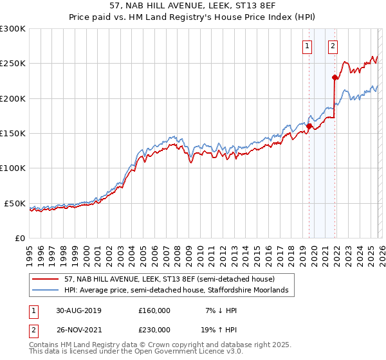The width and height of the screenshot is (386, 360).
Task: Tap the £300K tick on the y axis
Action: (13, 29)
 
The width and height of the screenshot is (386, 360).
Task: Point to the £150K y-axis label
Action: (13, 134)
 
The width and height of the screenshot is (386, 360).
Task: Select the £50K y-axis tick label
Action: (15, 204)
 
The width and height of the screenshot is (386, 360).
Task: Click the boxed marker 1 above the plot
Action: (308, 46)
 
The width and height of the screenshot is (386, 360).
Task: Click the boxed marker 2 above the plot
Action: (333, 46)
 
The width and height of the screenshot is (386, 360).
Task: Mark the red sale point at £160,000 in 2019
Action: (309, 127)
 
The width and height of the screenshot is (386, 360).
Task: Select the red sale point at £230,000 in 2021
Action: (335, 78)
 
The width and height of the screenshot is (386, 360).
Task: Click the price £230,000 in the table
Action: (154, 329)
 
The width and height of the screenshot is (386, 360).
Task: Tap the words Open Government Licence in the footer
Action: (185, 352)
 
